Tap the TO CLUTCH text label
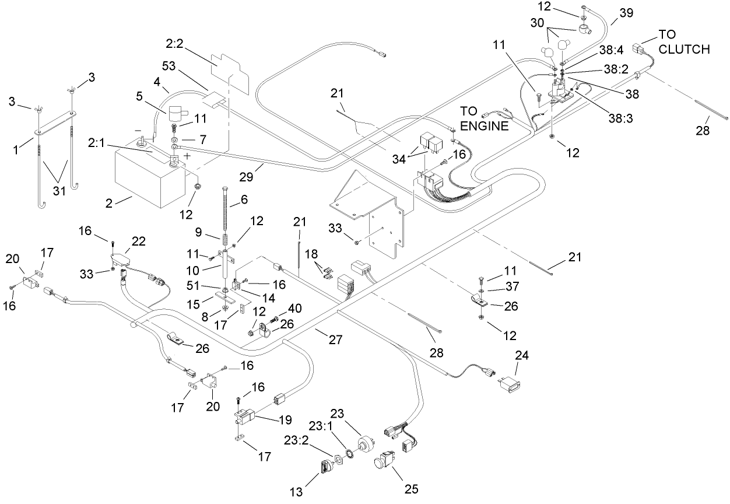684,41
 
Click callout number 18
311,255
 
